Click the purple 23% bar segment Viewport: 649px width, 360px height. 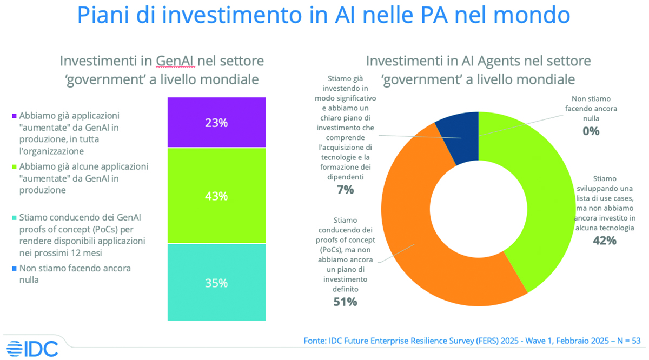(216, 122)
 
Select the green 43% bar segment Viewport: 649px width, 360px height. (216, 195)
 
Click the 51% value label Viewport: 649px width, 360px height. (345, 302)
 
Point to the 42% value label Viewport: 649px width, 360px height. (604, 241)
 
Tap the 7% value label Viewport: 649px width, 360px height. (345, 189)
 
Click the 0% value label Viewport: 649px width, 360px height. (590, 130)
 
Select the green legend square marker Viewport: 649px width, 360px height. (14, 166)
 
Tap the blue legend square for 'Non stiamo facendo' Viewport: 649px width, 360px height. (14, 268)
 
